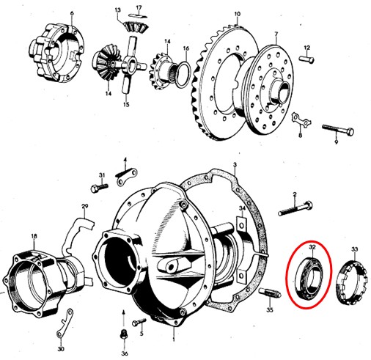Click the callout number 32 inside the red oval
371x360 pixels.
312,247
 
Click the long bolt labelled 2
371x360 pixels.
295,210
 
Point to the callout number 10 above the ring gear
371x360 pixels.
238,14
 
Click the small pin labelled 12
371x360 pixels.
307,59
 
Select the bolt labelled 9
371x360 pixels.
338,130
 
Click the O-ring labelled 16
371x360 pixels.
183,74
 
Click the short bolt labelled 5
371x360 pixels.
139,322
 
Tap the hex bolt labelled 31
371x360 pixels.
99,188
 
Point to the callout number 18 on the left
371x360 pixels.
34,236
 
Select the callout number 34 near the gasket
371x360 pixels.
242,208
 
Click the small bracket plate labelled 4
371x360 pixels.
126,175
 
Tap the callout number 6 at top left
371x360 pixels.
72,12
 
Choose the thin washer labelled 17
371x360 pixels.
139,16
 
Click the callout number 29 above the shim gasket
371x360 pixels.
84,207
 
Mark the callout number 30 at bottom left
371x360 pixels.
61,349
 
